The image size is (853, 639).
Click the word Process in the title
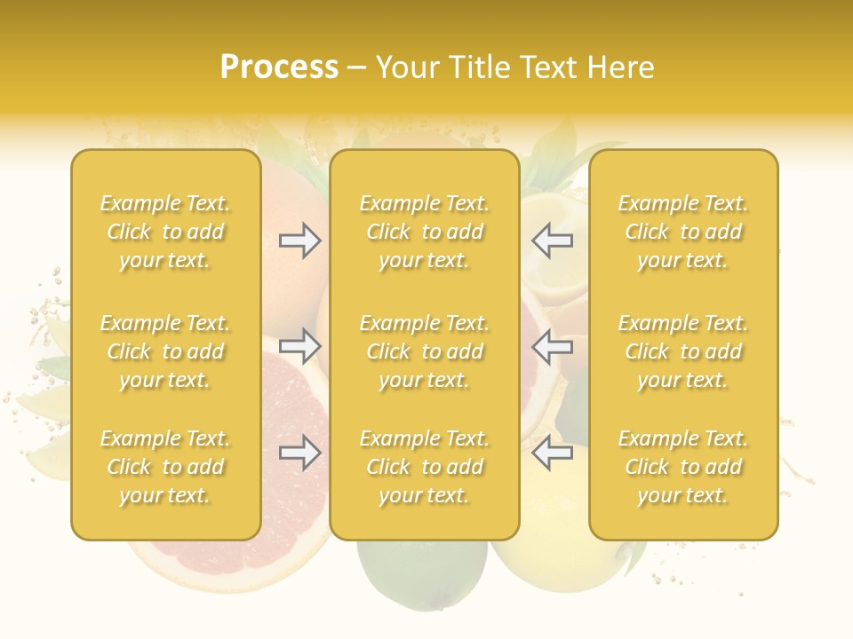279,67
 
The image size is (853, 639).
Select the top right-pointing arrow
299,241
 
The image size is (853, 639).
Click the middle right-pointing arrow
299,346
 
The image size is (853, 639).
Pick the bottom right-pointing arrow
299,453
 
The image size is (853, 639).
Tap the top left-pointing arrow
552,241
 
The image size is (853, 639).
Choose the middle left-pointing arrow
552,346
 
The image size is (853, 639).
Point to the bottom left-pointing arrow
552,453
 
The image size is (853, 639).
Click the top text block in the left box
165,232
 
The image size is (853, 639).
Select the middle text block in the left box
165,351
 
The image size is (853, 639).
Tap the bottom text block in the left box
165,467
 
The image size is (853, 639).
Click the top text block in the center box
425,232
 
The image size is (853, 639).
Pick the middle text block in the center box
425,351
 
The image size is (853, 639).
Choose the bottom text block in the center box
425,467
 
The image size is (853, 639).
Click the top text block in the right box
683,232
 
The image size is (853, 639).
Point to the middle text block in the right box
683,351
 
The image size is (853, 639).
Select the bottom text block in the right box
683,467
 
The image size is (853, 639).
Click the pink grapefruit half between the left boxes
293,399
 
